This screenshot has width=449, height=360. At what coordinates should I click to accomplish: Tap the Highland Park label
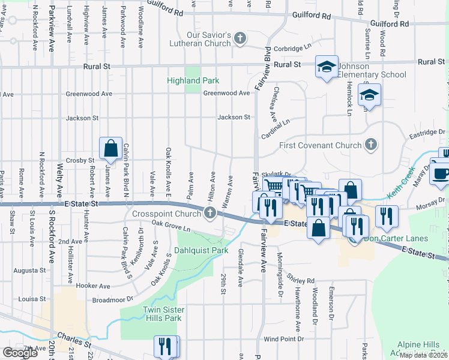click(193, 80)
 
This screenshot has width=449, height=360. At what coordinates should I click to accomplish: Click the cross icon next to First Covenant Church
click(372, 145)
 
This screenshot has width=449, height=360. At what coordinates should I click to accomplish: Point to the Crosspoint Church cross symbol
click(210, 212)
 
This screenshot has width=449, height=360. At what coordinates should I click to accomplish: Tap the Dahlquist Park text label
click(201, 250)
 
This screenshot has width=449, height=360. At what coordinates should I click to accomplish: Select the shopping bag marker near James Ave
click(111, 148)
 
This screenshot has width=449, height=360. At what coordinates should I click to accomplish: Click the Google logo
click(20, 352)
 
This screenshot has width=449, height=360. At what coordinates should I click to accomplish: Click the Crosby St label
click(80, 160)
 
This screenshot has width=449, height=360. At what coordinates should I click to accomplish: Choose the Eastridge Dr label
click(428, 131)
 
